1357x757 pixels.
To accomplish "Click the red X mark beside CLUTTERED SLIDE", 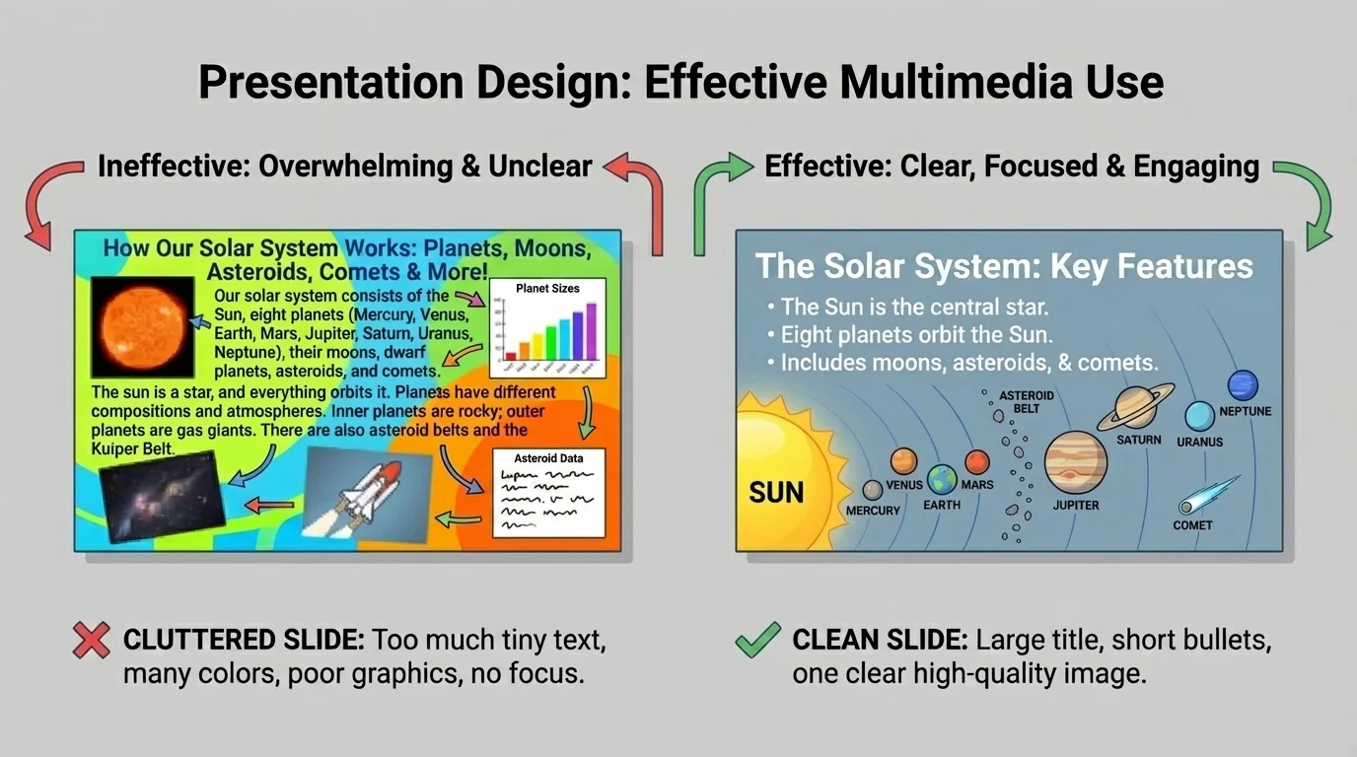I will tap(91, 641).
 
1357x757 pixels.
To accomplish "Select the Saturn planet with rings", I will tap(1141, 406).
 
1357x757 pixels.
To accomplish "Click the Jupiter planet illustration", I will tap(1076, 462).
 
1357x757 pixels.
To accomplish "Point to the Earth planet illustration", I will tap(942, 480).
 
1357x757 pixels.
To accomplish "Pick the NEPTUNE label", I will tap(1245, 411).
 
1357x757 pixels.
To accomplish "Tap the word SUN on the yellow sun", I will tap(776, 492).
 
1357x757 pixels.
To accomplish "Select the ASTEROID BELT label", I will tap(1026, 401).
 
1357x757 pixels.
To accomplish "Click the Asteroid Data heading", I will tap(548, 458).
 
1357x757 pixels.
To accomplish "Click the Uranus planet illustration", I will tap(1199, 416).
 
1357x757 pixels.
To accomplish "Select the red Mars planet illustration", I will tap(976, 461).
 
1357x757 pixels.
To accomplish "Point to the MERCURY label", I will tap(873, 511).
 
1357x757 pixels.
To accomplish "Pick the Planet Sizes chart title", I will tap(547, 289).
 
